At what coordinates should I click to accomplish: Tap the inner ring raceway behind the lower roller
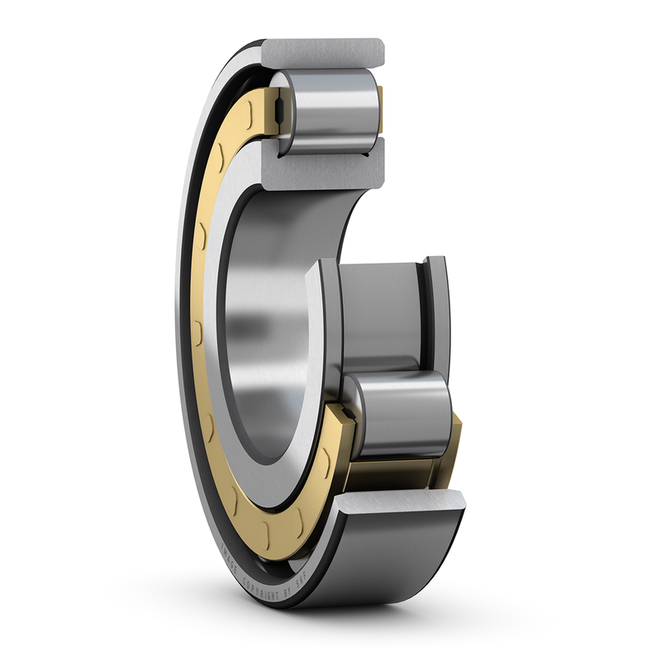pyautogui.click(x=380, y=314)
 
